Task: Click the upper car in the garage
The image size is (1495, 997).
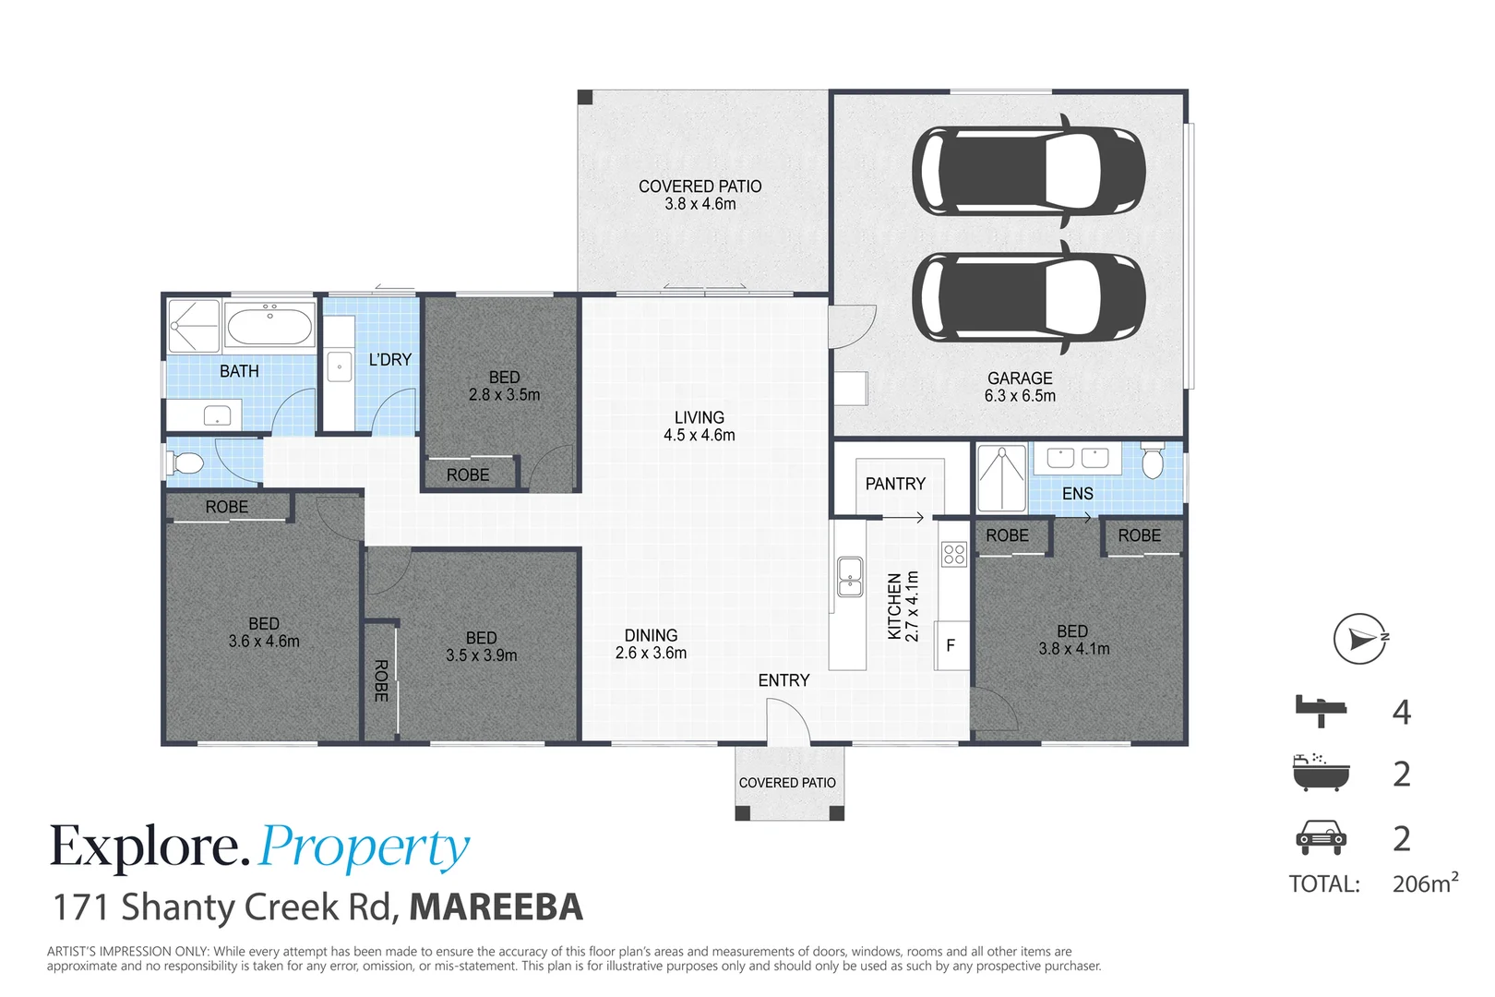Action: tap(1029, 172)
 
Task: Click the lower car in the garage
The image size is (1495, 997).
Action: tap(1029, 298)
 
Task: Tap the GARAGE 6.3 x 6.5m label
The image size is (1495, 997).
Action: tap(1020, 387)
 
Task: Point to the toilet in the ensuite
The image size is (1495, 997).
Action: tap(1153, 461)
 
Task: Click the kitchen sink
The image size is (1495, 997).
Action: tap(849, 576)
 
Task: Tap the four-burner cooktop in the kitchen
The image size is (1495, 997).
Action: tap(953, 554)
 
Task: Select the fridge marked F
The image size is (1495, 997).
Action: tap(951, 644)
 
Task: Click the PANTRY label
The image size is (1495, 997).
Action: tap(895, 484)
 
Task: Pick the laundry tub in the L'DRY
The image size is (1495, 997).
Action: tap(340, 366)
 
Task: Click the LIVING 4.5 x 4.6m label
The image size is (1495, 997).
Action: tap(700, 426)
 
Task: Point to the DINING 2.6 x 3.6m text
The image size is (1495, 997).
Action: tap(651, 644)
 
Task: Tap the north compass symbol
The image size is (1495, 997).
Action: tap(1360, 639)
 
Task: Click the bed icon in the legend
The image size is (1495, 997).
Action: tap(1321, 711)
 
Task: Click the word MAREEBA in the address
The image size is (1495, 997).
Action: tap(496, 907)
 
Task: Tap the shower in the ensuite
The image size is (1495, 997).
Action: tap(1001, 477)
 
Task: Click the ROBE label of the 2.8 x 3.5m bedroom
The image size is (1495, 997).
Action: tap(468, 474)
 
